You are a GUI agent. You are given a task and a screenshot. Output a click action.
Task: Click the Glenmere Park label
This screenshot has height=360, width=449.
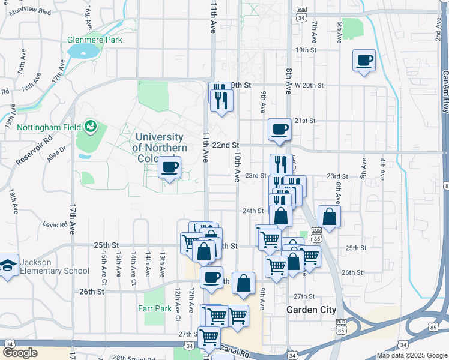tap(95, 40)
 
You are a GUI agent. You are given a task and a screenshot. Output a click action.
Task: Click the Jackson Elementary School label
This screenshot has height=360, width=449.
tap(54, 266)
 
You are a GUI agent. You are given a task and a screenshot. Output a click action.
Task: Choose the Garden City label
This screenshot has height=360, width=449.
tap(311, 310)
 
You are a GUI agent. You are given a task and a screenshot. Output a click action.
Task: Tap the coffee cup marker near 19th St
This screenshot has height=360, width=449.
tap(364, 61)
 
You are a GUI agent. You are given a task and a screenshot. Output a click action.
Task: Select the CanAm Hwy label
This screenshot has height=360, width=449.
tap(445, 90)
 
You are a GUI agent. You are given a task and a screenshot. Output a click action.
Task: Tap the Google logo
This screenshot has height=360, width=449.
tap(20, 353)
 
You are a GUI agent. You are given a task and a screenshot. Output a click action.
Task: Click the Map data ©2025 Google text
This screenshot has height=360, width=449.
tap(411, 355)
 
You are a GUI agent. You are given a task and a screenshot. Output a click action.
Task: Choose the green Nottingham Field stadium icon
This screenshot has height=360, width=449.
tap(91, 126)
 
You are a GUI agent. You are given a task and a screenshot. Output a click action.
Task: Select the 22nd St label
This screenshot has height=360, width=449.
tap(226, 145)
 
